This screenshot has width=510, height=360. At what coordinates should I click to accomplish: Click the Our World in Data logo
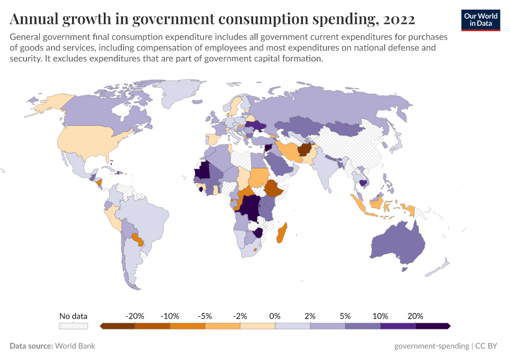coord(481,20)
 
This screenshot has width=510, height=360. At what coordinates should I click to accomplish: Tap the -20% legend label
coord(134,316)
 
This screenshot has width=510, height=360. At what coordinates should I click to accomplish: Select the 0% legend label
coord(275,316)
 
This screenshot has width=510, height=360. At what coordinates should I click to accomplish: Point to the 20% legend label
coord(415,316)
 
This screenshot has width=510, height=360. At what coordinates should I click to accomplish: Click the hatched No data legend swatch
coord(73,326)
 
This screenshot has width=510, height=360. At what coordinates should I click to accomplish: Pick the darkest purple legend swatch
coord(433,326)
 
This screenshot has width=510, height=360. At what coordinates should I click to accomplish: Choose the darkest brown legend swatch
coord(118,326)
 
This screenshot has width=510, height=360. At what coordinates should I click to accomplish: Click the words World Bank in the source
coord(75,346)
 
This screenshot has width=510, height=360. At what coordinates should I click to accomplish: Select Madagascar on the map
coord(280,233)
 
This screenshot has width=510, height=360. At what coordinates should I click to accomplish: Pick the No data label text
coord(73,316)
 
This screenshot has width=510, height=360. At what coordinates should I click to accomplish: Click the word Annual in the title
coord(34,19)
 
